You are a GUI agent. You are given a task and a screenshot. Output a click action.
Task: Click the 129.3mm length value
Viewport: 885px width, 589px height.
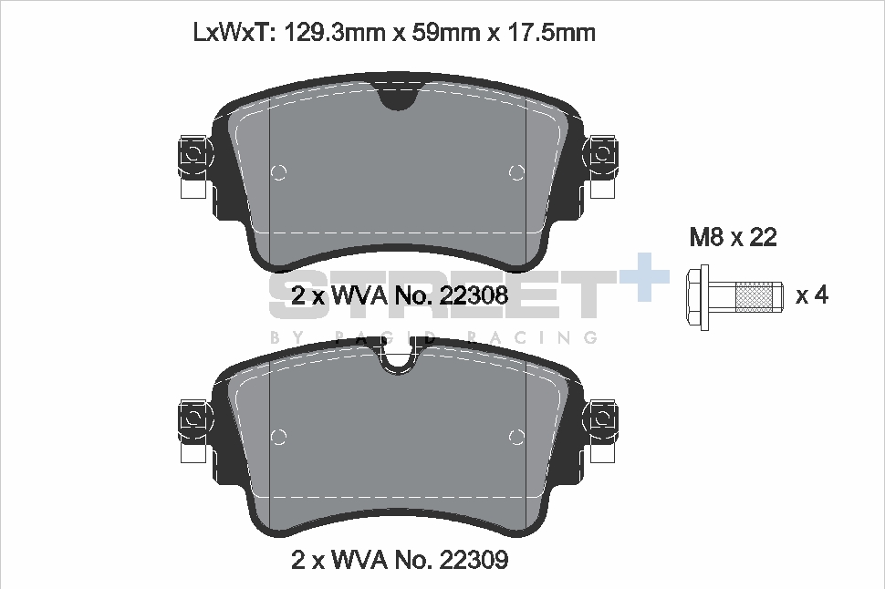point(334,33)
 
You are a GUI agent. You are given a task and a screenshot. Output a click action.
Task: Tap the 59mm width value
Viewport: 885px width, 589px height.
point(444,33)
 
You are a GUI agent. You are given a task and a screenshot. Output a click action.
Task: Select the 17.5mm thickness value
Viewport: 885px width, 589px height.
point(550,33)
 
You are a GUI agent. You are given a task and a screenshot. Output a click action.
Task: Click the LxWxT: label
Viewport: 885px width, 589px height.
point(234,33)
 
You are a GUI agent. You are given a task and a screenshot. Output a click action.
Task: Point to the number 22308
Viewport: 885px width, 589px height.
point(473,295)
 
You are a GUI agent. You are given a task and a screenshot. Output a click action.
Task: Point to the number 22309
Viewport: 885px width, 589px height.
point(473,560)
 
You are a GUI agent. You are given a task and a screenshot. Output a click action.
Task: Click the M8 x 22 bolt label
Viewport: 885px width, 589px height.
point(734,237)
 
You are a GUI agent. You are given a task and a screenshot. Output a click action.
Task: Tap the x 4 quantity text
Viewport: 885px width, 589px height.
point(812,294)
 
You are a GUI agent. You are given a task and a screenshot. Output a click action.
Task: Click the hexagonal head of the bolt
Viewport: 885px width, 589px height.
point(697,297)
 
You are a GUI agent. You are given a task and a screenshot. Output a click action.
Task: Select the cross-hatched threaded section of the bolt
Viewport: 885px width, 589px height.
point(755,297)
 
